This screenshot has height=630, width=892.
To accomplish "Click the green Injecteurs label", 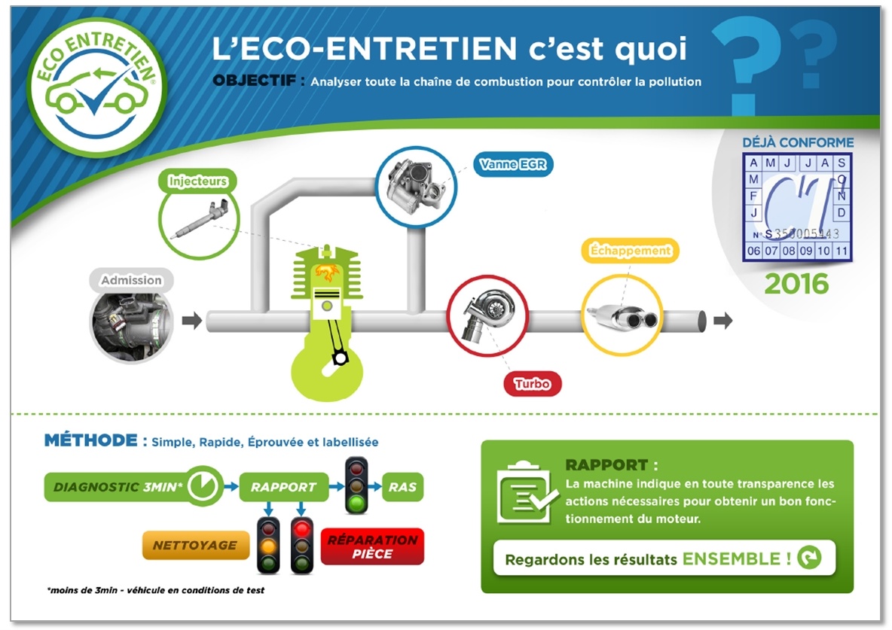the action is (197, 181).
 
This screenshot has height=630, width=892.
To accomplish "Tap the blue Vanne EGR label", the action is (512, 164).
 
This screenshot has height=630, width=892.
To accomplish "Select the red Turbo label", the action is (532, 384).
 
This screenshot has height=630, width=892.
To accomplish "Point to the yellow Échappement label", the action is (631, 251).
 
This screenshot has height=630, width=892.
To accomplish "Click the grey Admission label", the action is (131, 280).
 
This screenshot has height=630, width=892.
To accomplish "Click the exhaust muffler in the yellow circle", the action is (622, 316).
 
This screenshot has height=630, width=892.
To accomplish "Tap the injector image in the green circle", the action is (199, 219).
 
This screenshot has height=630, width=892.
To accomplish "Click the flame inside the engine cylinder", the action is (326, 272).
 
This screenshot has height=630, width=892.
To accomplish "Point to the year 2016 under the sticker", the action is (796, 284).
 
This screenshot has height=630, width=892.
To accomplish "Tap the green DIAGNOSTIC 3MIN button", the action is (134, 487).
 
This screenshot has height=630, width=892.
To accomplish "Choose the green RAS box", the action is (402, 487).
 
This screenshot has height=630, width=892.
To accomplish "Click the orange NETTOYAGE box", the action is (195, 545).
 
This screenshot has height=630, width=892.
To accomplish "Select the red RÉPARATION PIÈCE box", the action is (372, 546).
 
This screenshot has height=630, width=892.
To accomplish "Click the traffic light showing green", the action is (356, 486).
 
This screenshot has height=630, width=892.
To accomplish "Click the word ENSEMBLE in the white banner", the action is (731, 559).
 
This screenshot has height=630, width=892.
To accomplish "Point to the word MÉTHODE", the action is (91, 440).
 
